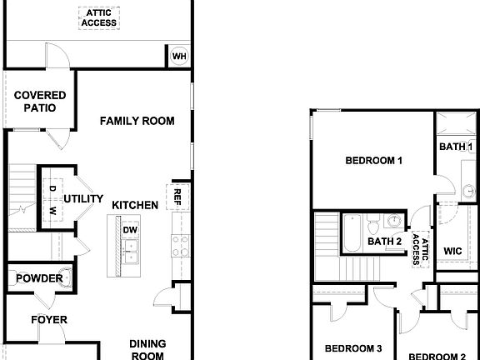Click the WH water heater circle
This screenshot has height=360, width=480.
[178, 56]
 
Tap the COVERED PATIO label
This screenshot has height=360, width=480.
[35, 102]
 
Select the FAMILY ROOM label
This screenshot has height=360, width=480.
[137, 121]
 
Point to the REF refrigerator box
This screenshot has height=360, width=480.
[177, 197]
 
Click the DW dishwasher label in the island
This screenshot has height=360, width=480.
[130, 230]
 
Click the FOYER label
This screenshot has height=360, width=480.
[49, 320]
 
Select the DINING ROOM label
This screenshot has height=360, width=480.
[147, 349]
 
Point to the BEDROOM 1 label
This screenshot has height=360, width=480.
[374, 160]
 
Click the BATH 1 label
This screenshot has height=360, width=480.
[456, 147]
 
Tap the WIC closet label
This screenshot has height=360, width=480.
[453, 250]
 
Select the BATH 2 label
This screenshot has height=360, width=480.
[386, 242]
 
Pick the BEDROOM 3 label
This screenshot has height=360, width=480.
[352, 348]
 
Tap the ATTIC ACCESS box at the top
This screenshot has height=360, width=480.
[99, 18]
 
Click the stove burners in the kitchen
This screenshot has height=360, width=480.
[179, 244]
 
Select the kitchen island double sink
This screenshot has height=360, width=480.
[130, 250]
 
